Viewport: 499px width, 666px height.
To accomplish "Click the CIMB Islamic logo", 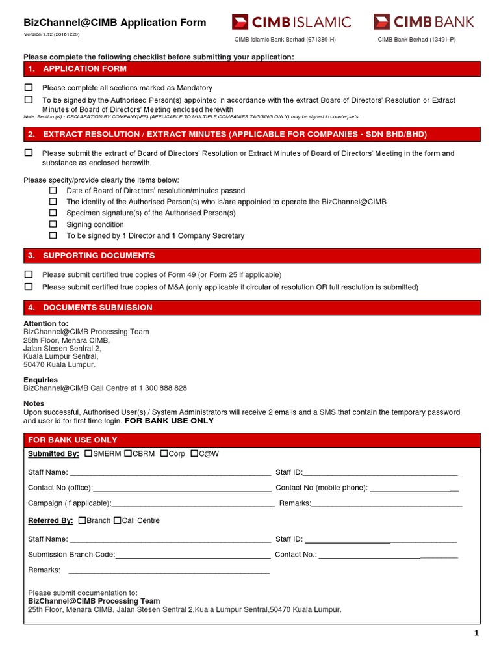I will (x=291, y=23).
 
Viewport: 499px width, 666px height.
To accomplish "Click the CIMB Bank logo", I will (x=424, y=23).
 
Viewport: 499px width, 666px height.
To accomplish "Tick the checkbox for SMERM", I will (x=88, y=453).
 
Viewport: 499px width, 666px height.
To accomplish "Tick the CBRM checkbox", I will (x=128, y=453).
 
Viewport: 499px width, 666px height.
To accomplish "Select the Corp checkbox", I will (x=164, y=453).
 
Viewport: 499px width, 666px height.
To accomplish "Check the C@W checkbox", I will (x=195, y=453).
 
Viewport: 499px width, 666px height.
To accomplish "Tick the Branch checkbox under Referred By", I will (x=82, y=520).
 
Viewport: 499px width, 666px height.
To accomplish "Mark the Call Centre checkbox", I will (x=118, y=520).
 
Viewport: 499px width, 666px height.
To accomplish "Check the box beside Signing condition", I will (x=53, y=224).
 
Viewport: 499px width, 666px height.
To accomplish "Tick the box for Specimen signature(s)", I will (x=53, y=213).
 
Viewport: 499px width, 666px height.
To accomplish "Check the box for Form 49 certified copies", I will (x=29, y=274).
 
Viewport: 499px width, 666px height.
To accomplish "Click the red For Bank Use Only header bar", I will (x=252, y=440).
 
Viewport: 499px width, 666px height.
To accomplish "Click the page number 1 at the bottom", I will (x=476, y=633).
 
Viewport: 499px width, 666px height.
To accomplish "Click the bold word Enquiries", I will (x=40, y=380).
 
